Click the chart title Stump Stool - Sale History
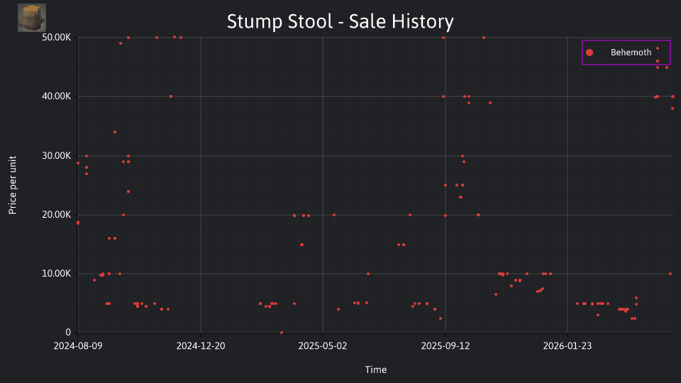[340, 21]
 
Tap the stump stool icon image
[32, 18]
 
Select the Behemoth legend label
[631, 52]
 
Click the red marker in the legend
[589, 52]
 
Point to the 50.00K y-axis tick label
[57, 38]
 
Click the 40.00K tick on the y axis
[57, 96]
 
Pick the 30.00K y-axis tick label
[57, 155]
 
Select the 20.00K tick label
[57, 214]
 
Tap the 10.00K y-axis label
[57, 274]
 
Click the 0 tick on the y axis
[68, 332]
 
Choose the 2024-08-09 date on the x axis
[78, 346]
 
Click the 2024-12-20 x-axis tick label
[201, 346]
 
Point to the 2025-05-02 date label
[323, 346]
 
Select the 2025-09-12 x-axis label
[445, 346]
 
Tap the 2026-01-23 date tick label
[567, 346]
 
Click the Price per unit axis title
[13, 185]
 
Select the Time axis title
[376, 370]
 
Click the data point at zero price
[282, 333]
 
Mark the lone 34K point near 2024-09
[115, 132]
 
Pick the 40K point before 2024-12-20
[171, 96]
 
